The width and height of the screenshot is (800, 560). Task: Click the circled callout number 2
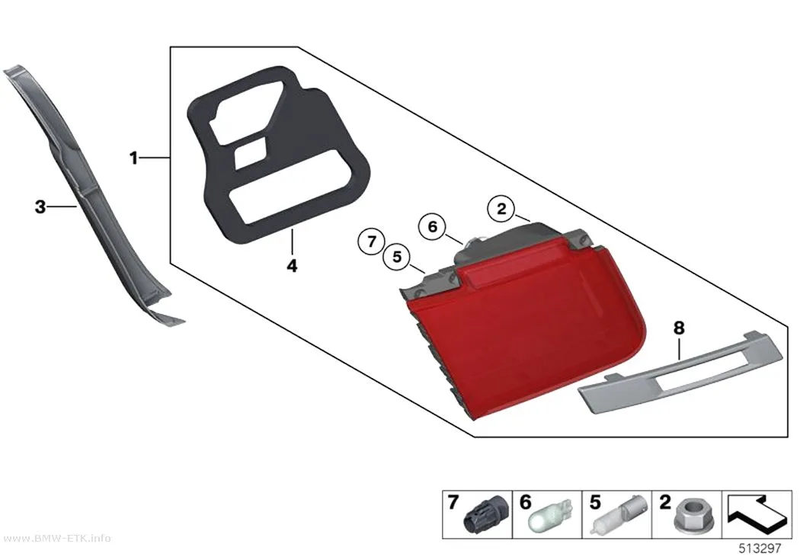[501, 209]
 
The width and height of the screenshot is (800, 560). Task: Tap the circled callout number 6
[432, 226]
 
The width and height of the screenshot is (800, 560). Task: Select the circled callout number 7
[372, 241]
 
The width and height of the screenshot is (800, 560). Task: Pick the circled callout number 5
[397, 257]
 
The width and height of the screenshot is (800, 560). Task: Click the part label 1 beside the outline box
[133, 158]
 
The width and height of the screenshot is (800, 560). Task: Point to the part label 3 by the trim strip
[40, 207]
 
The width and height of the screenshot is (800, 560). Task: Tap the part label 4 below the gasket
[292, 266]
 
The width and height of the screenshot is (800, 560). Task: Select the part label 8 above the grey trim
[679, 328]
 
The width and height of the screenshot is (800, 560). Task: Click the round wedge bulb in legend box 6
[549, 516]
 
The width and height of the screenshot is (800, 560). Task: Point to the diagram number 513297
[760, 549]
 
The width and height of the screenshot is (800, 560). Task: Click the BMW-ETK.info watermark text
[56, 539]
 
